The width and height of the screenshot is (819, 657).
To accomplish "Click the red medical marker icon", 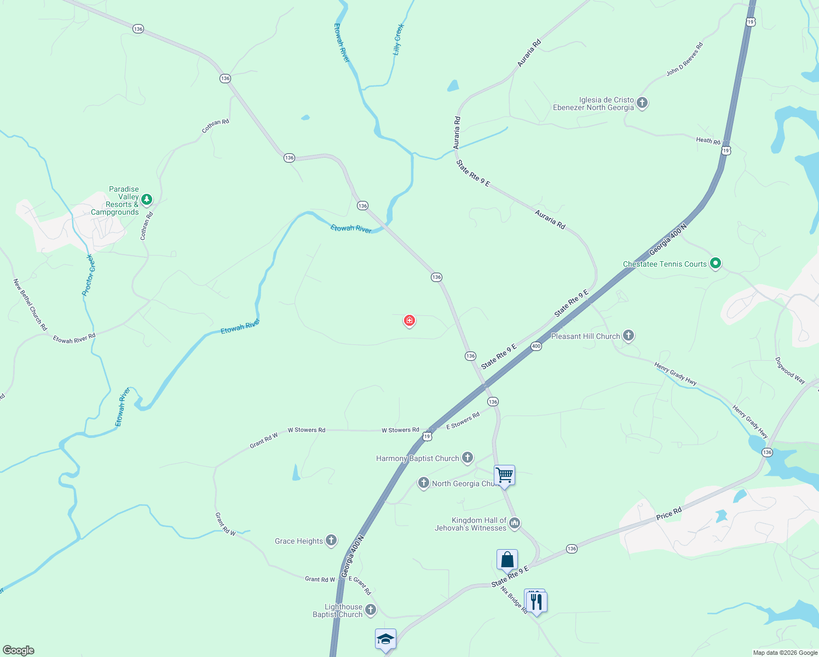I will tap(409, 320).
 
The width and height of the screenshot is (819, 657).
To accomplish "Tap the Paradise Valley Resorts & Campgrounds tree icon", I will tap(146, 199).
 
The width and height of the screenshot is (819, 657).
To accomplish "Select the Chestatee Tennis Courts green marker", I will tap(715, 263).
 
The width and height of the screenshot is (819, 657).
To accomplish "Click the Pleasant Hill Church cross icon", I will tap(628, 336).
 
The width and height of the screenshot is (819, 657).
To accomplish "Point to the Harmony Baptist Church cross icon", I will tap(467, 457).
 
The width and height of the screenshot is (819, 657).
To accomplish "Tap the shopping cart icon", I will tap(504, 475).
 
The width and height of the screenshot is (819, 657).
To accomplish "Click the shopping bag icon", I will tap(507, 560).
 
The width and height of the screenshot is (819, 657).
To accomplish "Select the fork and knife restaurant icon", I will tap(537, 602).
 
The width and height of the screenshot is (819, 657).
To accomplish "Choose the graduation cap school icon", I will tap(385, 638).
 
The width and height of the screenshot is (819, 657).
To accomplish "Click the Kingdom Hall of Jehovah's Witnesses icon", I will tap(514, 523).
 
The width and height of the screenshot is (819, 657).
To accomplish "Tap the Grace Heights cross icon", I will tap(331, 540).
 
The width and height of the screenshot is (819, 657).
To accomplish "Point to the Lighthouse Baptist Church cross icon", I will tap(371, 610).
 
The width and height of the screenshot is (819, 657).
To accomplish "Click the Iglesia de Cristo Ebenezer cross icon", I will tap(642, 102).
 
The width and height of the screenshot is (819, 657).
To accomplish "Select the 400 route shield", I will tap(536, 346).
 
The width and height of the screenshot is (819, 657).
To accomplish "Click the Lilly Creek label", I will tap(399, 39).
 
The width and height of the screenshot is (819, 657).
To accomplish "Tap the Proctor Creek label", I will tap(88, 275).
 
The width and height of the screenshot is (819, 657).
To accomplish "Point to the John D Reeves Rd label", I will tap(684, 59).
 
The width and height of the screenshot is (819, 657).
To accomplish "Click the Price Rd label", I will tap(669, 514).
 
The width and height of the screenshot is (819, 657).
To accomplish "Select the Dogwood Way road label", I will tap(790, 371).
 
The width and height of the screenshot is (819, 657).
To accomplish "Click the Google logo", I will tap(19, 650).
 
